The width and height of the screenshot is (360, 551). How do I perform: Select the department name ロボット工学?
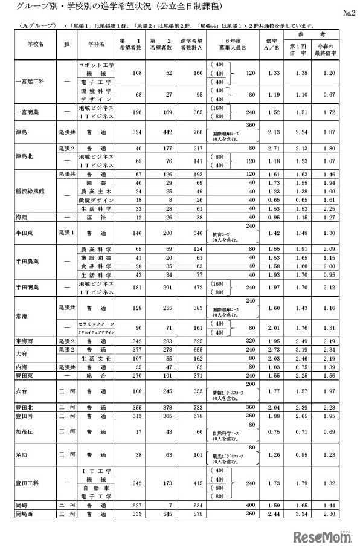click(96, 64)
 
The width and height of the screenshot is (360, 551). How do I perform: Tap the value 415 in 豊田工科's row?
click(192, 483)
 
